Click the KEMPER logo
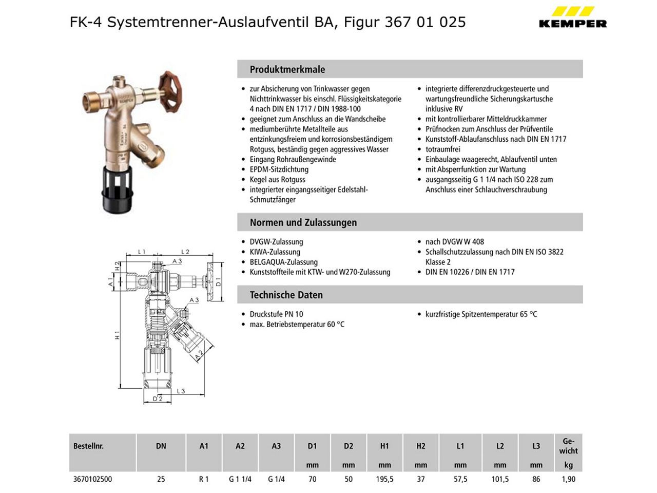[x=572, y=17]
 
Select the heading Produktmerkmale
[x=287, y=69]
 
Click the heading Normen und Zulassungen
[x=303, y=222]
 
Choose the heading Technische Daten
[x=286, y=295]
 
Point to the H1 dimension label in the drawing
[x=118, y=335]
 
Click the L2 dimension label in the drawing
[x=185, y=252]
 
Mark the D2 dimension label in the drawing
[x=158, y=399]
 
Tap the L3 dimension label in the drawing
[x=181, y=391]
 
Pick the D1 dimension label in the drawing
[x=218, y=283]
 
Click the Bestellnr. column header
[x=88, y=446]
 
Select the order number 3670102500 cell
[x=92, y=479]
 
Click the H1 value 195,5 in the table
[x=384, y=479]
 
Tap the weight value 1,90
[x=568, y=479]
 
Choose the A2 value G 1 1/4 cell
[x=240, y=479]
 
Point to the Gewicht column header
[x=568, y=446]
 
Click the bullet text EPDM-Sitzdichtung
[x=279, y=169]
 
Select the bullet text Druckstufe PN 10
[x=276, y=314]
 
